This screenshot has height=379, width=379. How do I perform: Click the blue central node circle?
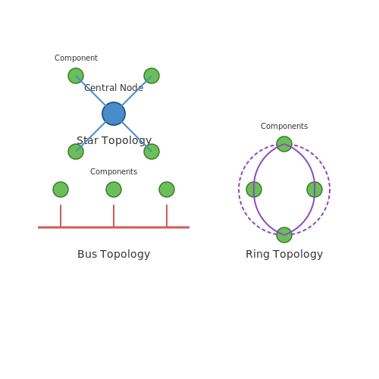point(114,114)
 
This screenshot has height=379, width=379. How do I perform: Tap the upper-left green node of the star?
point(76,76)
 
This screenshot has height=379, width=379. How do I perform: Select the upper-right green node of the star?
point(152,76)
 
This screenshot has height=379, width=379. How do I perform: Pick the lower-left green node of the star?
point(76,152)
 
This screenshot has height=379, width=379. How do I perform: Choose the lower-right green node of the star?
point(152,152)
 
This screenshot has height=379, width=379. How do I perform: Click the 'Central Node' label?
point(114,88)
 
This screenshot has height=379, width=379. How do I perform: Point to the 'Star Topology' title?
point(114,140)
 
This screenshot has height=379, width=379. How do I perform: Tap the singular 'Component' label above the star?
point(76,58)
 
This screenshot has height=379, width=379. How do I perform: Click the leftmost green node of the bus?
point(61,189)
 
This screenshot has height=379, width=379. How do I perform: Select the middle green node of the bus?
point(114,189)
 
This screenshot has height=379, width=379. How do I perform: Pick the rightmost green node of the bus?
point(167,189)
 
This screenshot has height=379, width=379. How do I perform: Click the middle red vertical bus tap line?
point(114,216)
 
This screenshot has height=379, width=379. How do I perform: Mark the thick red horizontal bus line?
point(114,227)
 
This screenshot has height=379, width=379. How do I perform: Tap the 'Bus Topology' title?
point(114,254)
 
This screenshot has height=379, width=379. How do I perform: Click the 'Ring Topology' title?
point(284,254)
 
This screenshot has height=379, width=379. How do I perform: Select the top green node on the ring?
point(284,144)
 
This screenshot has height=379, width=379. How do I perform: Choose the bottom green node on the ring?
point(284,235)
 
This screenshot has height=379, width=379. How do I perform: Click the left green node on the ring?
point(254,189)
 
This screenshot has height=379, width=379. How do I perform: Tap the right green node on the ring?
point(315,189)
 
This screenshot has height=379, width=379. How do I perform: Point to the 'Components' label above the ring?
point(284,126)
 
